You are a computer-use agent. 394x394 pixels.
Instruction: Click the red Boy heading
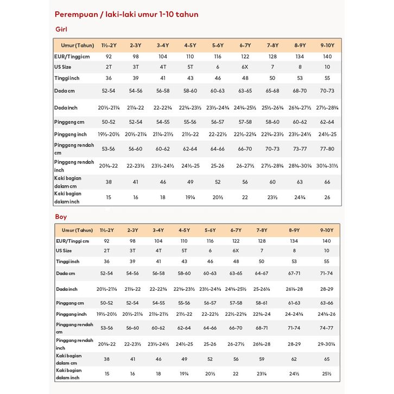click(61, 217)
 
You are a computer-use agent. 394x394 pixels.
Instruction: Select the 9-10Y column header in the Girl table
click(327, 45)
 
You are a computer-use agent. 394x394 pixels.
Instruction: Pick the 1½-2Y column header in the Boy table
click(107, 230)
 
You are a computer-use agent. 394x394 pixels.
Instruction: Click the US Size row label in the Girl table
click(63, 67)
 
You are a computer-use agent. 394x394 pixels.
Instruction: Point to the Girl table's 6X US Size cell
click(245, 67)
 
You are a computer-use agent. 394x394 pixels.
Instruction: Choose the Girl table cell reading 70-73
click(327, 90)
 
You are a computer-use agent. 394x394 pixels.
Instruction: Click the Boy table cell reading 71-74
click(327, 274)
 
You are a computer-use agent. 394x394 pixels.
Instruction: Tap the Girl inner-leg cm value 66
click(327, 182)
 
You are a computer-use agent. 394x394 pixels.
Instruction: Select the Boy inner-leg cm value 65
click(327, 359)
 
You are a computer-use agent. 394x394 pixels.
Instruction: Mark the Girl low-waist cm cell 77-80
click(327, 148)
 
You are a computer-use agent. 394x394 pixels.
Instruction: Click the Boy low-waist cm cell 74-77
click(327, 328)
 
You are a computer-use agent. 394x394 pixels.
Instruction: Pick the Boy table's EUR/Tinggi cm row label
click(72, 240)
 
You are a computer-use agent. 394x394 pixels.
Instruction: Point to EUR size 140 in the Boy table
click(327, 240)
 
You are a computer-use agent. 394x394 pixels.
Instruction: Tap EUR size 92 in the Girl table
click(108, 56)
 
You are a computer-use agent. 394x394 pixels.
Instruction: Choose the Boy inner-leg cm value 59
click(262, 359)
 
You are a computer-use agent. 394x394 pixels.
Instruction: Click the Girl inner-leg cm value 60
click(272, 182)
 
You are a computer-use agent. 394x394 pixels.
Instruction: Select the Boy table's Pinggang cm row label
click(69, 302)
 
